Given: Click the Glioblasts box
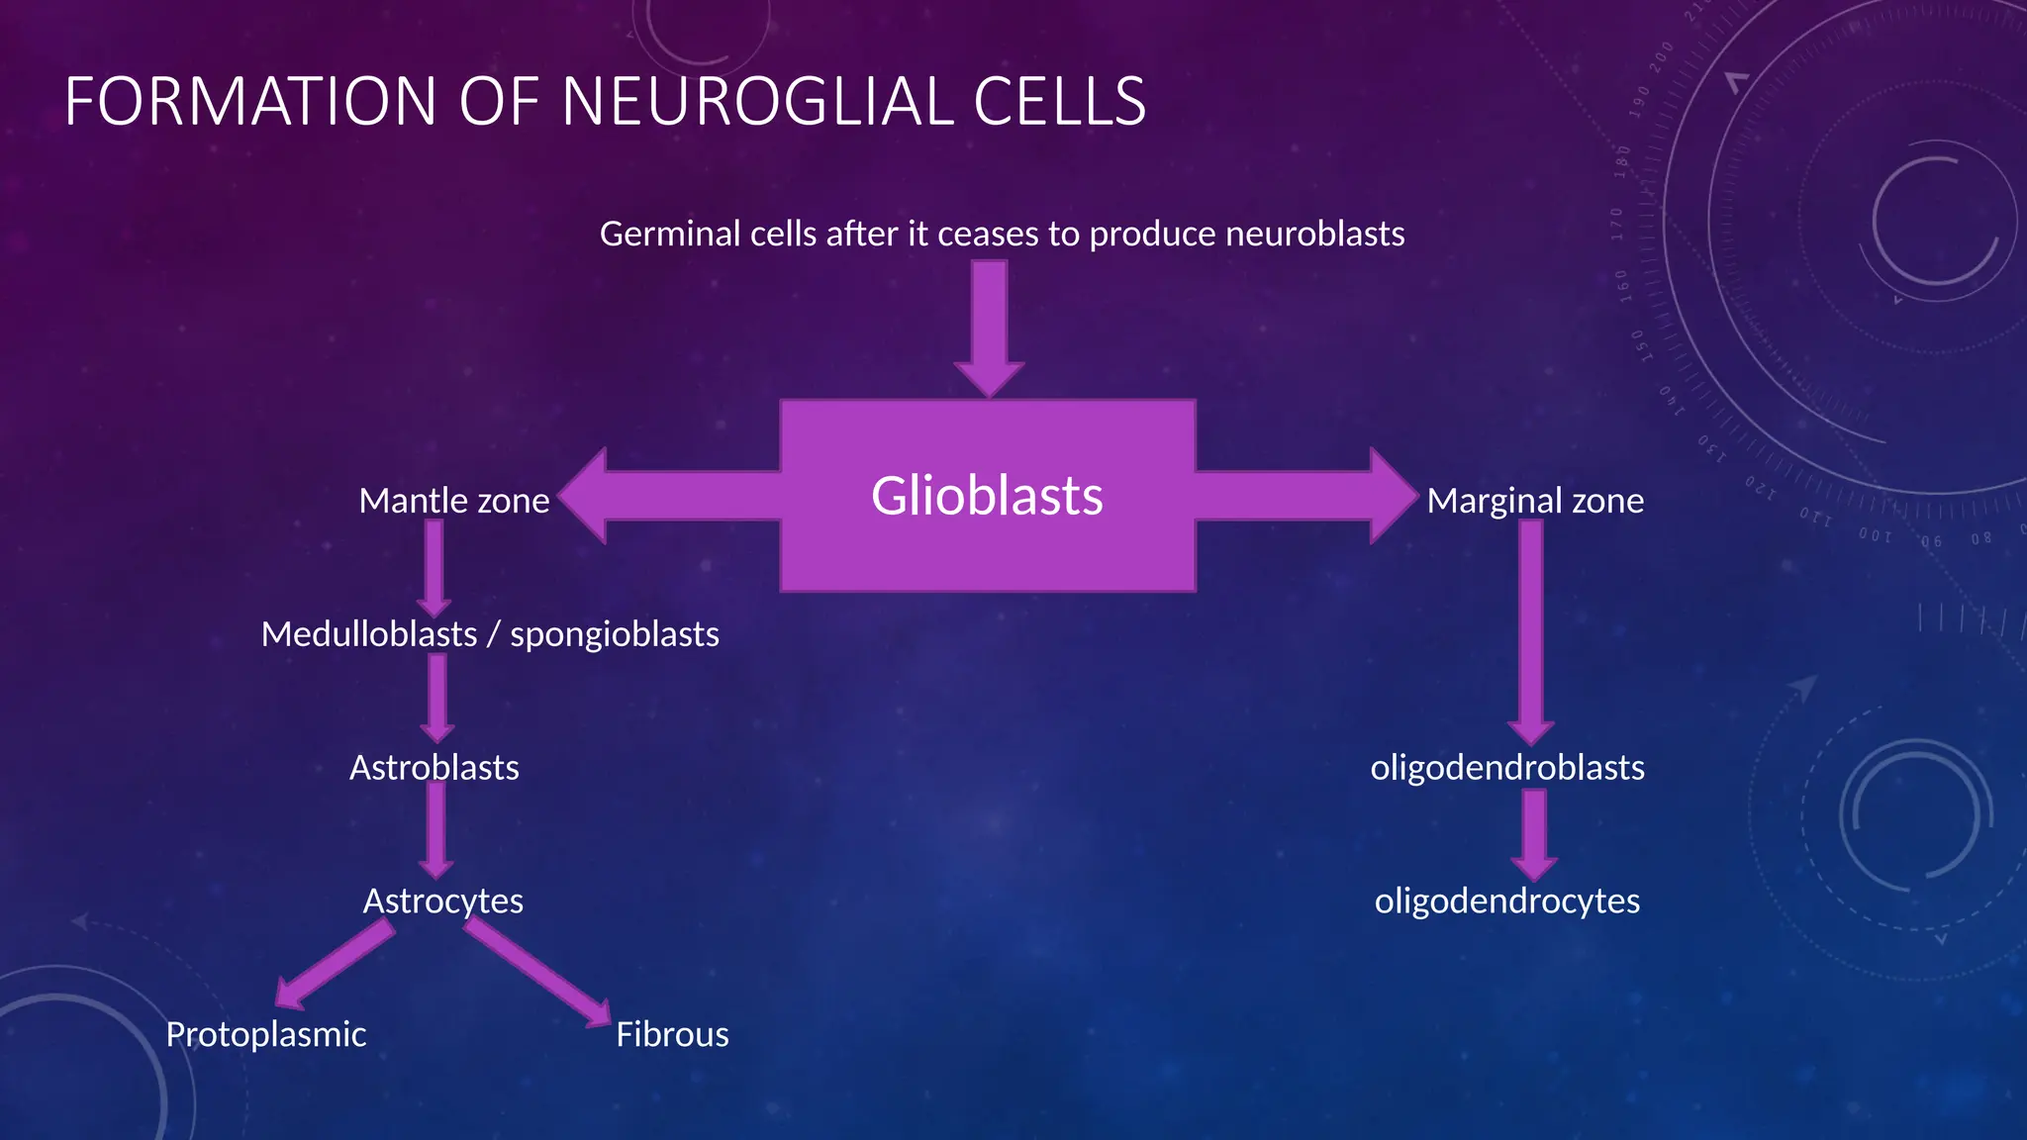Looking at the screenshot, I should point(988,495).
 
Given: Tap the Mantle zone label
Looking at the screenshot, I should point(453,501).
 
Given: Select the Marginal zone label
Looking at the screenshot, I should point(1535,501).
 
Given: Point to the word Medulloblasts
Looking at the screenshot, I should point(369,634).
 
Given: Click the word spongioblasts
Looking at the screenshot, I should point(614,634).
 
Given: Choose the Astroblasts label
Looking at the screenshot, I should point(434,768).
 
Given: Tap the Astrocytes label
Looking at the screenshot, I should point(442,902).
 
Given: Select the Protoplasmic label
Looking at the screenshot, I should point(265,1035).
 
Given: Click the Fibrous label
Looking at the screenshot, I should point(672,1035).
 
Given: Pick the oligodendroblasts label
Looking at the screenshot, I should point(1506,768).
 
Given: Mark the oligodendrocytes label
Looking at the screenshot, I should point(1506,902).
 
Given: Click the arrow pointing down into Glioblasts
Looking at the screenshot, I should point(989,327).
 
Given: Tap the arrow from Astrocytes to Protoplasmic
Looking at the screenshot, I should point(335,964).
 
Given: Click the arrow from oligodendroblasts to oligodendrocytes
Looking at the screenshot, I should point(1534,833).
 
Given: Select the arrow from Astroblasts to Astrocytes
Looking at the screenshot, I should point(435,829).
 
